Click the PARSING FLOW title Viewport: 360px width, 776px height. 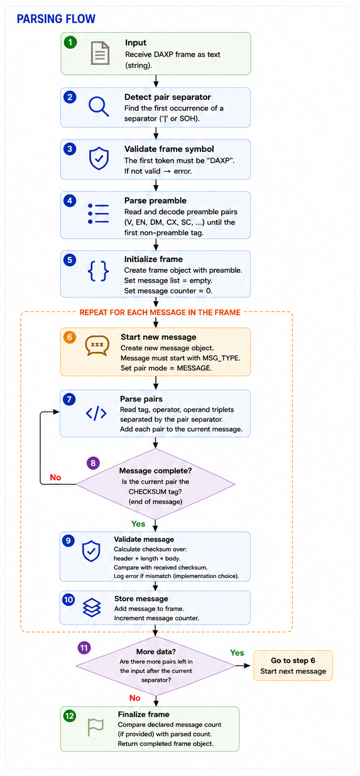(56, 19)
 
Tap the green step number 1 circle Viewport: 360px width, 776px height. (70, 43)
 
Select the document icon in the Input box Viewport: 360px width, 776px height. (100, 53)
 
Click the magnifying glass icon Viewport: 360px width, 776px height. (99, 107)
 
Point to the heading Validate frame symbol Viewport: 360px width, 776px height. (169, 149)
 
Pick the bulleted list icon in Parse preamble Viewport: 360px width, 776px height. (99, 213)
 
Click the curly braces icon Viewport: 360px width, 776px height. (98, 271)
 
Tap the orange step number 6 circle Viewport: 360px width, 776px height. (70, 337)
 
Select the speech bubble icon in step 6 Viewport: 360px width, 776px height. (97, 346)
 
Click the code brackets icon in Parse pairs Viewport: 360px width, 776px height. (96, 413)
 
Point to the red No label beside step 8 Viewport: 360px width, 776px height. (55, 478)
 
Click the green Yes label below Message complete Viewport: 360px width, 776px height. (138, 524)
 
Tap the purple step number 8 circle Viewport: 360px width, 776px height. (93, 463)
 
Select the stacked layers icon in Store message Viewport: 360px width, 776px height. (92, 608)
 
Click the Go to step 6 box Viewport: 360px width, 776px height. (293, 665)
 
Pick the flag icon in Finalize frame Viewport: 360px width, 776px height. (95, 727)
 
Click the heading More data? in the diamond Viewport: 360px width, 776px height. (156, 652)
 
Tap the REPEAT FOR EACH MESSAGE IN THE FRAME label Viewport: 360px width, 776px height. (160, 312)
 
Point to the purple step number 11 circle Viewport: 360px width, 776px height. (84, 647)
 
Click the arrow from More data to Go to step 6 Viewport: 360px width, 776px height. (243, 665)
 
